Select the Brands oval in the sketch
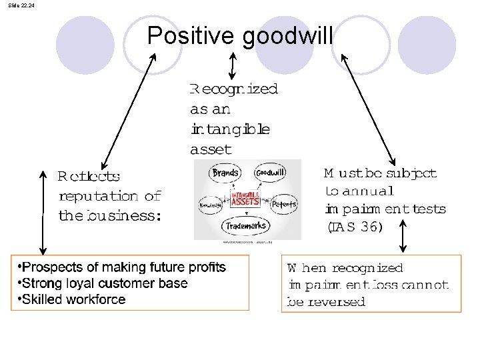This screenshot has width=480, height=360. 225,173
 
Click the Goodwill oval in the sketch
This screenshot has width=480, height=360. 271,172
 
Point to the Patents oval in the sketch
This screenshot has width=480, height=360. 284,204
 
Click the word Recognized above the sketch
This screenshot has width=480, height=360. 233,89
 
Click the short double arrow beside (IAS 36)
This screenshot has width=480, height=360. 403,237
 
